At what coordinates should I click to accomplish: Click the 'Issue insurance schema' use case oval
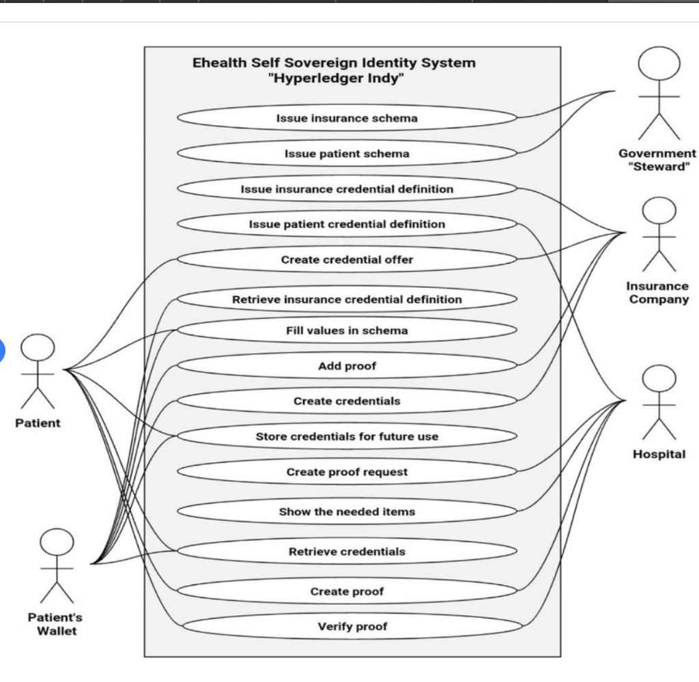pyautogui.click(x=347, y=118)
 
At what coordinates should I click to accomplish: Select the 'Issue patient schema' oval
pyautogui.click(x=347, y=154)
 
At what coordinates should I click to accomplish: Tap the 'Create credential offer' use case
pyautogui.click(x=347, y=259)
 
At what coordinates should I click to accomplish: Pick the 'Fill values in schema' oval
pyautogui.click(x=347, y=330)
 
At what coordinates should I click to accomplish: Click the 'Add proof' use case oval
pyautogui.click(x=347, y=365)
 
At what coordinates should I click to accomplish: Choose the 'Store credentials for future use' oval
pyautogui.click(x=347, y=436)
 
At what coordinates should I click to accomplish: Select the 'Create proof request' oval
pyautogui.click(x=347, y=472)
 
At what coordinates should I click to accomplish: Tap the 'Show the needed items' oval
pyautogui.click(x=347, y=511)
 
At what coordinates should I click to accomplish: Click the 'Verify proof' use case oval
pyautogui.click(x=352, y=626)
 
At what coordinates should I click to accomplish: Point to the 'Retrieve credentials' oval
pyautogui.click(x=347, y=552)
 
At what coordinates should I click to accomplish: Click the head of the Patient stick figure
pyautogui.click(x=38, y=347)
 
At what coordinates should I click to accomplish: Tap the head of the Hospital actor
pyautogui.click(x=659, y=378)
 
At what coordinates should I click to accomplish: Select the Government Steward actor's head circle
pyautogui.click(x=659, y=63)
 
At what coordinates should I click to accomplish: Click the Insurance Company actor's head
pyautogui.click(x=659, y=210)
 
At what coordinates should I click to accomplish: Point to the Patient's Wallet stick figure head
pyautogui.click(x=57, y=542)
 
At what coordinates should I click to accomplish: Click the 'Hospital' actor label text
pyautogui.click(x=659, y=454)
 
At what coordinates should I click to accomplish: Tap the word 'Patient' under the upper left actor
pyautogui.click(x=38, y=423)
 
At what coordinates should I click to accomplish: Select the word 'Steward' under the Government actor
pyautogui.click(x=659, y=167)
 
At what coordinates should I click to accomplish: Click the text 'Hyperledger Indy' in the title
pyautogui.click(x=336, y=79)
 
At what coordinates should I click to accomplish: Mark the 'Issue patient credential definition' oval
pyautogui.click(x=347, y=224)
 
